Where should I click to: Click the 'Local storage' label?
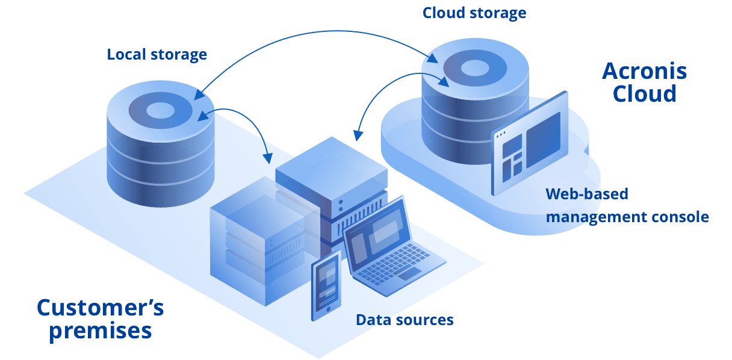click(157, 55)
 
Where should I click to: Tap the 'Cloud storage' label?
click(474, 13)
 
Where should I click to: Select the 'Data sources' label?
click(405, 320)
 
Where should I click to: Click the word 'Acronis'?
click(644, 72)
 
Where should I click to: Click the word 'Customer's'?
click(100, 308)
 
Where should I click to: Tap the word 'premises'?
click(100, 331)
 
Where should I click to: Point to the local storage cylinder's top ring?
click(160, 110)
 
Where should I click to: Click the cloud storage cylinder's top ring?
click(475, 66)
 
